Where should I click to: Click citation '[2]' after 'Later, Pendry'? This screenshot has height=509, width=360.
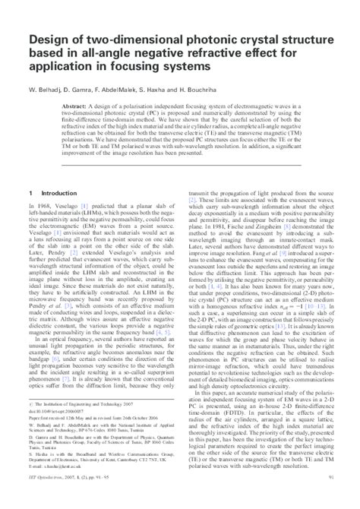click(x=75, y=252)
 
